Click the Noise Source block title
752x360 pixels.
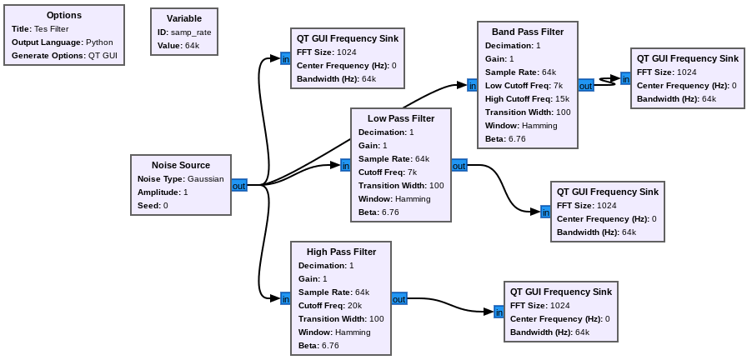180,165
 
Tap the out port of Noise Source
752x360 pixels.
239,185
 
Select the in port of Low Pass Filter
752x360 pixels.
345,166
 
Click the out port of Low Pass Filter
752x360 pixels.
459,166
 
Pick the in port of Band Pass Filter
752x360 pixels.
472,85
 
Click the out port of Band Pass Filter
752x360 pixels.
585,85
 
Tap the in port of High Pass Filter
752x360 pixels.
285,298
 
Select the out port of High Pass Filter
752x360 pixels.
399,298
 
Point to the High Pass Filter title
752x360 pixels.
341,252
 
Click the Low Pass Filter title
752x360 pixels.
401,118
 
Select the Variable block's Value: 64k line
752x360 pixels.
178,45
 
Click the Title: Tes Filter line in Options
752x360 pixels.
40,28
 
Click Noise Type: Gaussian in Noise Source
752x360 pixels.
180,178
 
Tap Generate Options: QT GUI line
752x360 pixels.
64,55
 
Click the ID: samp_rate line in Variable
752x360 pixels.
185,32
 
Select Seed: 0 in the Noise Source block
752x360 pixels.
153,205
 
